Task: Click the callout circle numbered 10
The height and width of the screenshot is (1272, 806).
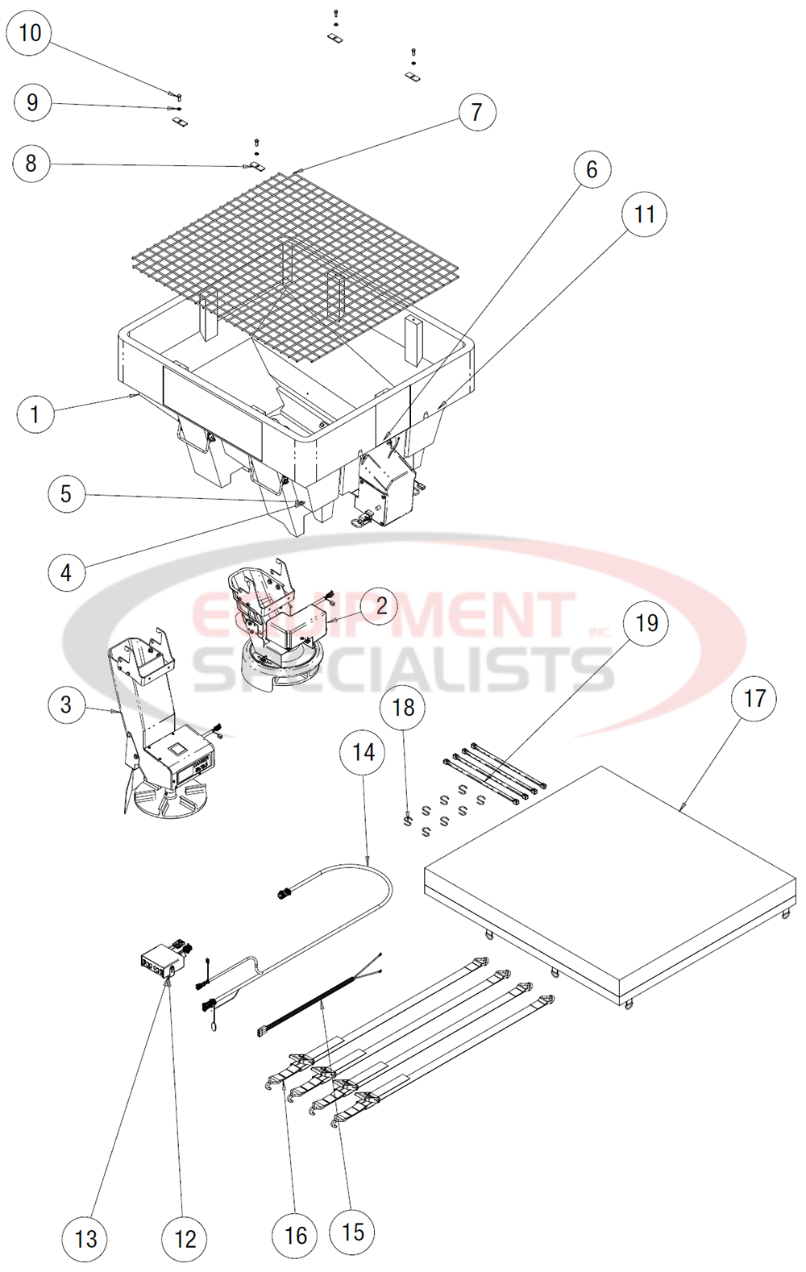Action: point(29,33)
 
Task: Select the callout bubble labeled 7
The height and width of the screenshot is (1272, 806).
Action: point(476,112)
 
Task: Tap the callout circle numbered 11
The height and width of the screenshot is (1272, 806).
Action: point(644,214)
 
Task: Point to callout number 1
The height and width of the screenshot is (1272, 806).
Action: point(35,414)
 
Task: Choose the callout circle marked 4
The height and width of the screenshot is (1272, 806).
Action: point(66,572)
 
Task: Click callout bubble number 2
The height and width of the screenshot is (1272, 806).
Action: point(381,605)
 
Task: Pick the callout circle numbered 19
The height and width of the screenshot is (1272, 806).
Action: point(646,623)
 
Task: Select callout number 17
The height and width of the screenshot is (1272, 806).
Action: point(754,698)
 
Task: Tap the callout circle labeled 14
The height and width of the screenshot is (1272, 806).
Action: point(364,752)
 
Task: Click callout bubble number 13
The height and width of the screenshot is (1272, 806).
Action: point(85,1238)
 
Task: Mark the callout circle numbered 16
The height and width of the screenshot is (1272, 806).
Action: point(296,1235)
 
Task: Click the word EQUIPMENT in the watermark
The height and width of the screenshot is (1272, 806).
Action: point(383,617)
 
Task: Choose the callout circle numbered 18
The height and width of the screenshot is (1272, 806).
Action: point(403,707)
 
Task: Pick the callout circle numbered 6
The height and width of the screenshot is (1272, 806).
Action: point(592,169)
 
